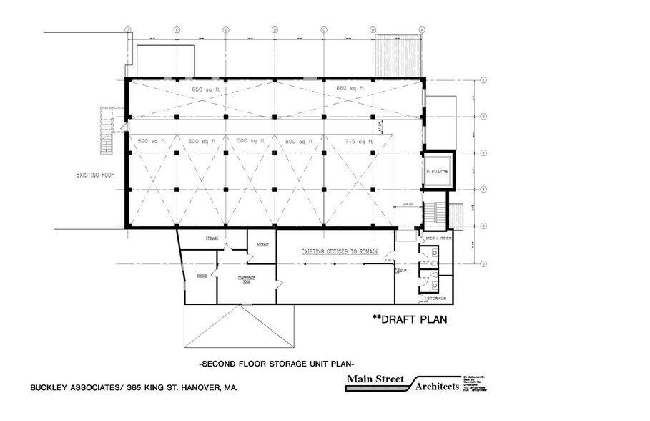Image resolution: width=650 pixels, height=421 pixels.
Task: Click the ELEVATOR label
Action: tap(436, 172)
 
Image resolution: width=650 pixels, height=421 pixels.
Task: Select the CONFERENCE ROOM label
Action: tap(247, 279)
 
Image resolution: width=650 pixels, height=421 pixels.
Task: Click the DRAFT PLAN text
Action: tap(409, 319)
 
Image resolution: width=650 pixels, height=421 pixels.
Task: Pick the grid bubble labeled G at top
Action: tap(128, 29)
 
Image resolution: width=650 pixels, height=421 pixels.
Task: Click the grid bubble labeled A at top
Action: tap(422, 29)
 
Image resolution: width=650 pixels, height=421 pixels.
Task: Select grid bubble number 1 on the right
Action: tap(484, 80)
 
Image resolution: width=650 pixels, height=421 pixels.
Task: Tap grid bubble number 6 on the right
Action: tap(484, 264)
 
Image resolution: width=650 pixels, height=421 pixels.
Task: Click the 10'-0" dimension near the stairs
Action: tap(409, 204)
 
